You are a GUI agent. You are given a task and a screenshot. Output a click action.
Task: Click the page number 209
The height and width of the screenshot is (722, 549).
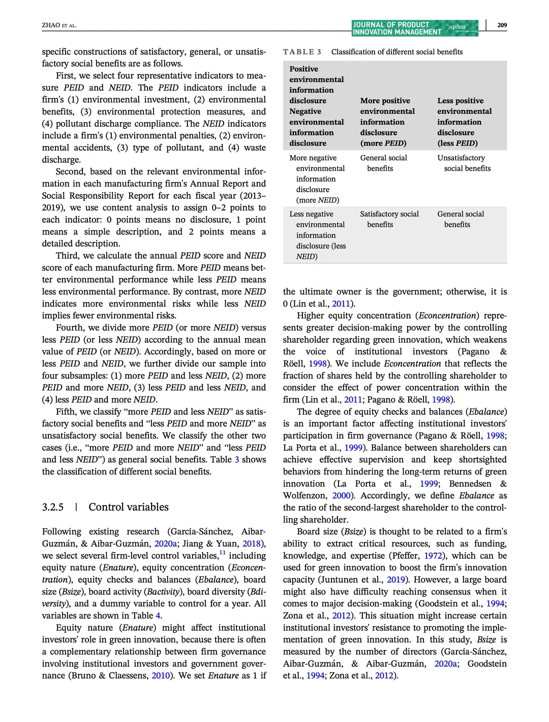point(502,25)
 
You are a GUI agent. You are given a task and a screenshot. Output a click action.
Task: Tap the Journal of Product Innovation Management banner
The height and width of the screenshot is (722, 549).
point(414,28)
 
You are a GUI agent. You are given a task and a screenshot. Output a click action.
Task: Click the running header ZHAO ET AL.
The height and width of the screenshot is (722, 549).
point(59,25)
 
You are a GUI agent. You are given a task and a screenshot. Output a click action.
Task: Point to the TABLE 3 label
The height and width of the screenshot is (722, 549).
point(302,52)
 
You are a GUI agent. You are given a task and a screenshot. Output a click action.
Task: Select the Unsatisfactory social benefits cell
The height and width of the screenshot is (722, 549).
point(464,163)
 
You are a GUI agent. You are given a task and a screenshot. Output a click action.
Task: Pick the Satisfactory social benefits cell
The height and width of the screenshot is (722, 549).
point(389,219)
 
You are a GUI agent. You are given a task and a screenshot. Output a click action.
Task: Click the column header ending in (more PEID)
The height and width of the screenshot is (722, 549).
point(387,122)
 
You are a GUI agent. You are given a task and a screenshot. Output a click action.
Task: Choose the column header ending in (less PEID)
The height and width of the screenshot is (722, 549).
point(464,122)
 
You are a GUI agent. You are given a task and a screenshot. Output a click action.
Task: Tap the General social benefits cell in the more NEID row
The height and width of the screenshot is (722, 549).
point(383,163)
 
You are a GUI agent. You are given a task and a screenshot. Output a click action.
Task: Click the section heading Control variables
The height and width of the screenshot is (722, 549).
point(128,507)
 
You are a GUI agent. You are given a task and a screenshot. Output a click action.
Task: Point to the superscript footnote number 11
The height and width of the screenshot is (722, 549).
point(223,553)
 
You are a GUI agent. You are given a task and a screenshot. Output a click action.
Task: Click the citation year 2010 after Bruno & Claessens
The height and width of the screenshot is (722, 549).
point(161,675)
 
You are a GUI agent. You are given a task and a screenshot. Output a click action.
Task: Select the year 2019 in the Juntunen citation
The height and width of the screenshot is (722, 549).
point(395,580)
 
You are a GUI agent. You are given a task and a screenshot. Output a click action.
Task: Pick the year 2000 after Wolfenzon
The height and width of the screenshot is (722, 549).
point(342,496)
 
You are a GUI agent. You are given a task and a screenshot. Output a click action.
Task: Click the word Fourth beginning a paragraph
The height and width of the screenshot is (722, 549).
point(70,327)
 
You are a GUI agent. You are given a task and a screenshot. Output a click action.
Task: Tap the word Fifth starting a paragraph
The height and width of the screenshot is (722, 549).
point(66,412)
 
